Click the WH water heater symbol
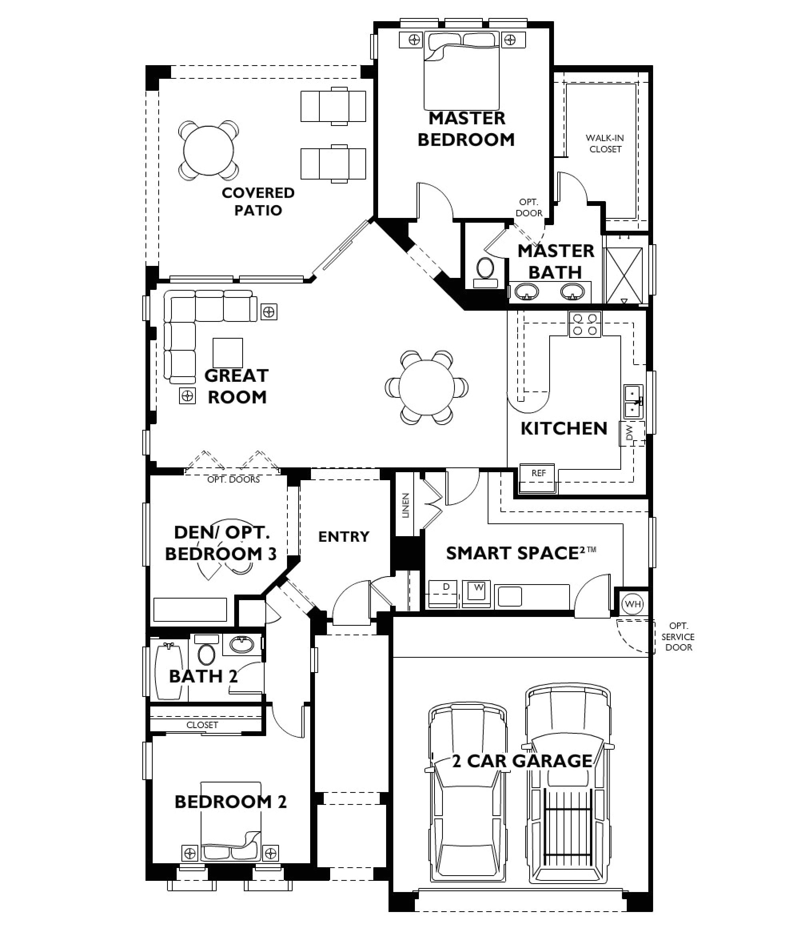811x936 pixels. [632, 604]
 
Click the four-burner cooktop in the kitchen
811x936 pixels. [585, 324]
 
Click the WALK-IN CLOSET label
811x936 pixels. [605, 144]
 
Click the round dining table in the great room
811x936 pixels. [426, 387]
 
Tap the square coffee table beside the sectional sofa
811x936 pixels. [228, 353]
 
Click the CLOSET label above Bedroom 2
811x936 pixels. [202, 724]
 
